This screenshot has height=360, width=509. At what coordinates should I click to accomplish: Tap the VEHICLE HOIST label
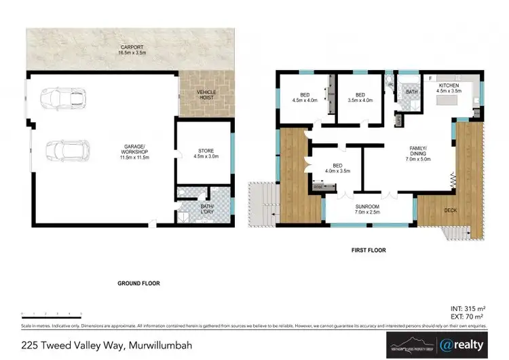(206, 94)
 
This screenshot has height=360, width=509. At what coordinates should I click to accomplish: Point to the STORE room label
(206, 154)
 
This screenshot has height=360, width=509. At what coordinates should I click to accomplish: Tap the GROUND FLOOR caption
(138, 283)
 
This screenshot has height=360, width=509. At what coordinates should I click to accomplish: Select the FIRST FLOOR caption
(369, 251)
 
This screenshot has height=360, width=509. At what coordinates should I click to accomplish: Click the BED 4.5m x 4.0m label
(305, 98)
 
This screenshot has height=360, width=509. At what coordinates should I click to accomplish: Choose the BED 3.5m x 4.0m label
(360, 98)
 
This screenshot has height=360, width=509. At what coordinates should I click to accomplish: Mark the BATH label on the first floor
(411, 92)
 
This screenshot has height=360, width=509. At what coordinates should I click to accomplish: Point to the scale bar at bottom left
(52, 313)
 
